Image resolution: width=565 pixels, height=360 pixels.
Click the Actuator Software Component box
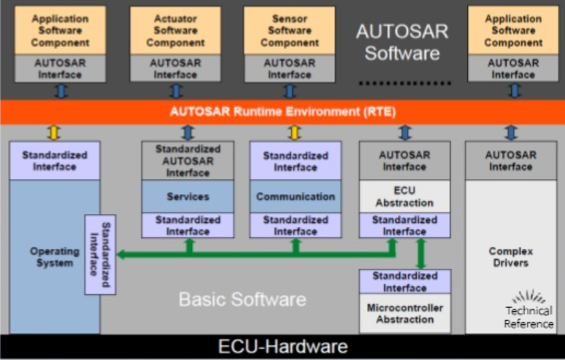pyautogui.click(x=175, y=31)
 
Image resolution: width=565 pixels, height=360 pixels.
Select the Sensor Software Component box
pyautogui.click(x=289, y=31)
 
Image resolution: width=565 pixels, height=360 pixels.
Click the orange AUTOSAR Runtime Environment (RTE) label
pyautogui.click(x=282, y=112)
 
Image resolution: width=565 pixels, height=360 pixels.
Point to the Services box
pyautogui.click(x=188, y=196)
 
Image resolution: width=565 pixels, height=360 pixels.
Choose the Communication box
pyautogui.click(x=296, y=196)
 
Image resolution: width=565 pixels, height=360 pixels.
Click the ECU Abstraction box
pyautogui.click(x=404, y=196)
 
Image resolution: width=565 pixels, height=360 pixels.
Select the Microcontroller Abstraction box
pyautogui.click(x=404, y=313)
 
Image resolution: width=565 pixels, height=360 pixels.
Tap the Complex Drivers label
pyautogui.click(x=510, y=256)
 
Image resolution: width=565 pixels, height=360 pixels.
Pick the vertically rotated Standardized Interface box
pyautogui.click(x=100, y=255)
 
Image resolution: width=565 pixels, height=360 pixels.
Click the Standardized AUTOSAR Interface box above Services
pyautogui.click(x=188, y=161)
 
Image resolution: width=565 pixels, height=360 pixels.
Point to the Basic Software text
pyautogui.click(x=242, y=299)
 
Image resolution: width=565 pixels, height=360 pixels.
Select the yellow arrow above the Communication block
pyautogui.click(x=294, y=132)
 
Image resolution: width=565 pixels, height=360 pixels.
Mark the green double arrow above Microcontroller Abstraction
pyautogui.click(x=420, y=253)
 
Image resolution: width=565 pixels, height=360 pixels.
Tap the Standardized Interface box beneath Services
pyautogui.click(x=188, y=225)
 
